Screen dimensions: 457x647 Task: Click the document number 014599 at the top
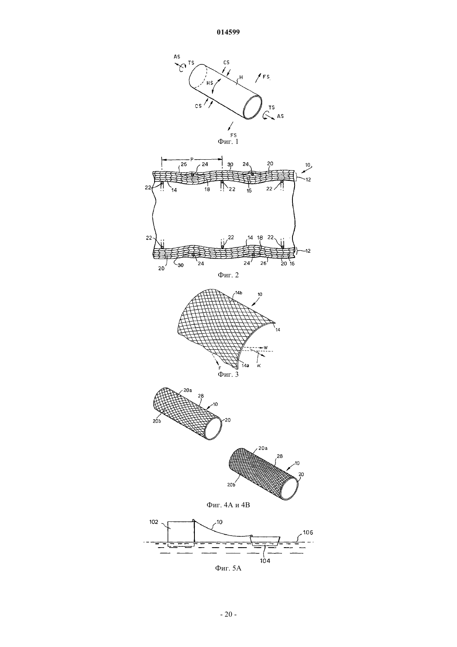pyautogui.click(x=228, y=32)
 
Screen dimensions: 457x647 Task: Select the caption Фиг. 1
pyautogui.click(x=228, y=141)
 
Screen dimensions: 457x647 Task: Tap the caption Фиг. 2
pyautogui.click(x=228, y=275)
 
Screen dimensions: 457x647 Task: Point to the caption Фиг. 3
pyautogui.click(x=228, y=374)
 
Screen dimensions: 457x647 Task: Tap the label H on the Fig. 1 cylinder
pyautogui.click(x=241, y=77)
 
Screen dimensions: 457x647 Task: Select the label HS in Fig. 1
pyautogui.click(x=210, y=83)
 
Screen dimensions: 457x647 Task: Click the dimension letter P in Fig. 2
pyautogui.click(x=192, y=159)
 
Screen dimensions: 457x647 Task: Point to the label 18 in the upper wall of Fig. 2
pyautogui.click(x=207, y=190)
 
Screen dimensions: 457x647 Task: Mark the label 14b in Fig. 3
pyautogui.click(x=238, y=293)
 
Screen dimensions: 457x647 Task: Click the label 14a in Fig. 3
pyautogui.click(x=245, y=365)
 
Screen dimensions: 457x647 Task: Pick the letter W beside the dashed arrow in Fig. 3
pyautogui.click(x=265, y=347)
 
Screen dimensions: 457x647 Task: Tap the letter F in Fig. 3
pyautogui.click(x=219, y=368)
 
